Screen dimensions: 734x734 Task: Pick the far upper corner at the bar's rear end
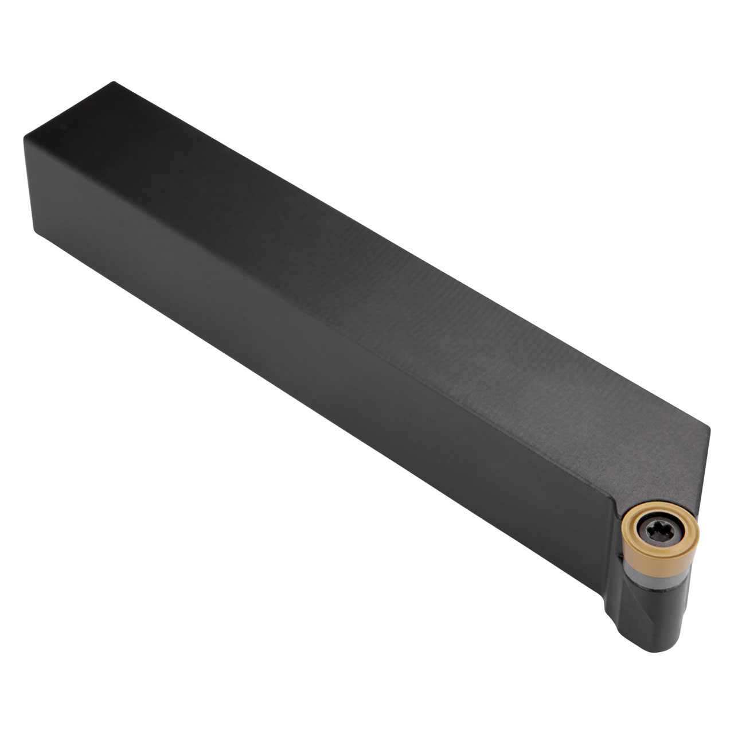115,83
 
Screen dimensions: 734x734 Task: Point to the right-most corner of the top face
709,427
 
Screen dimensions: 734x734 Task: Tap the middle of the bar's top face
367,281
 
